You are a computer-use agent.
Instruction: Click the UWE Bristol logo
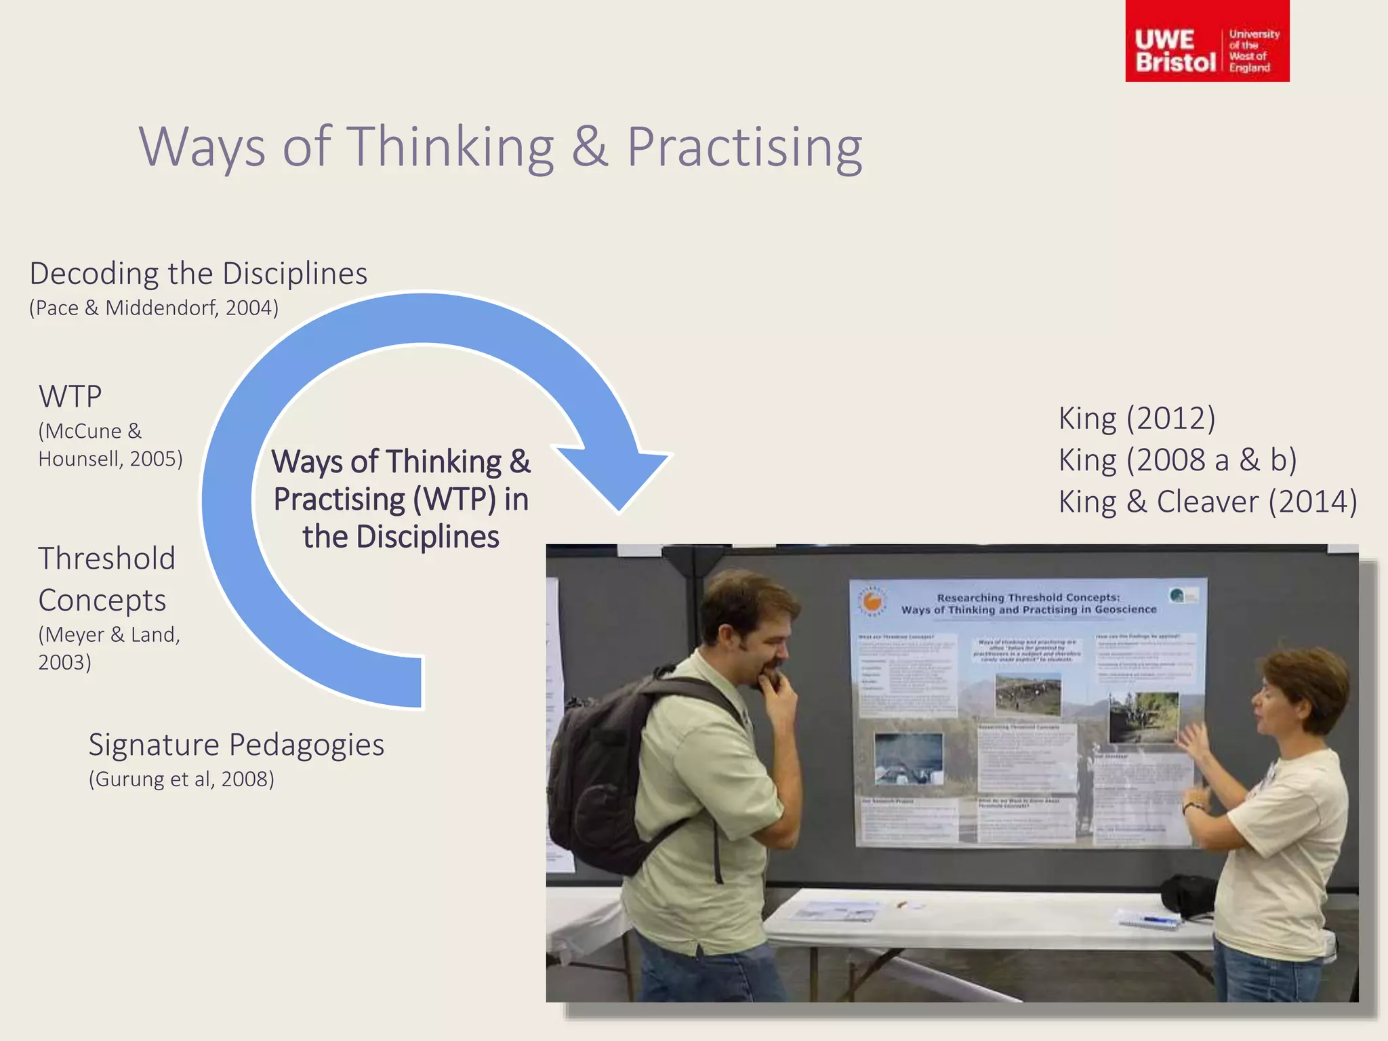tap(1206, 42)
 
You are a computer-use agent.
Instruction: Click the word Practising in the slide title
tap(743, 147)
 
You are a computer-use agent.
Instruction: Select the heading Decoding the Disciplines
tap(198, 274)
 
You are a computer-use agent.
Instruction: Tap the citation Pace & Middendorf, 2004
tap(154, 308)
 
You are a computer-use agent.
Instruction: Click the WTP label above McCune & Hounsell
tap(70, 396)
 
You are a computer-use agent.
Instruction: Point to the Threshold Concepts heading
tap(106, 579)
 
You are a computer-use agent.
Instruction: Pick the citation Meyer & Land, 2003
tap(108, 648)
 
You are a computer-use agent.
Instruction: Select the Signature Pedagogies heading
tap(236, 745)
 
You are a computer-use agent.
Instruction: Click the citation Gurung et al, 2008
tap(181, 779)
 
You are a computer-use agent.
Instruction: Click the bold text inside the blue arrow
tap(401, 499)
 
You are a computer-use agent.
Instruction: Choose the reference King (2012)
tap(1137, 418)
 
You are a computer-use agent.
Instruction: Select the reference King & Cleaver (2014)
tap(1207, 502)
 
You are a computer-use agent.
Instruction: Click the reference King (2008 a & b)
tap(1177, 460)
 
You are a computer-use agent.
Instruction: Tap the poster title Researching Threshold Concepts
tap(1028, 603)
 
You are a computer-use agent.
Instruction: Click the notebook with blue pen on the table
tap(1149, 920)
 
